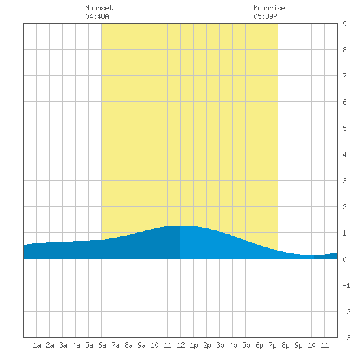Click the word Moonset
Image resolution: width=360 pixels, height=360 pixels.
coord(99,8)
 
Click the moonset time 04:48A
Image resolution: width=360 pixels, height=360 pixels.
coord(97,16)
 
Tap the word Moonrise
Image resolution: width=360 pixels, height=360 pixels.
coord(269,8)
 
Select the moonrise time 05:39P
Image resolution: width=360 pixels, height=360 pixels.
coord(265,16)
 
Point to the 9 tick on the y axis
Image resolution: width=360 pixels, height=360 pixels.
coord(344,24)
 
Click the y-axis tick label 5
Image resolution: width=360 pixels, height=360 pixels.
coord(344,128)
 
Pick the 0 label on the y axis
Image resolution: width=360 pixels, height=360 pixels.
coord(344,259)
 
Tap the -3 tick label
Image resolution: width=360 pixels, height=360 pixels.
coord(346,338)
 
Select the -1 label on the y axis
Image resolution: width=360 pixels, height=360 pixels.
coord(346,285)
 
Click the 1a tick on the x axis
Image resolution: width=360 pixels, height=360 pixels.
coord(37,345)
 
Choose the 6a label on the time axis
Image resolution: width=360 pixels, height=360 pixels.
coord(102,345)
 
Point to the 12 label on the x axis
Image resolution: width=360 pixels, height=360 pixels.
coord(181,345)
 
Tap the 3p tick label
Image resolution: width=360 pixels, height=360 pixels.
coord(220,345)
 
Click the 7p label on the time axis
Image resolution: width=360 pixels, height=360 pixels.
coord(272,345)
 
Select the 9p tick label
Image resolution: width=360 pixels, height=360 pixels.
coord(298,345)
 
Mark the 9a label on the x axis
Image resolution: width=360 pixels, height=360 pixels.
coord(141,345)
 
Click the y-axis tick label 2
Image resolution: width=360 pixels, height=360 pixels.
coord(344,207)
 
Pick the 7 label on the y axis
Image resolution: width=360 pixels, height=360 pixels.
coord(344,76)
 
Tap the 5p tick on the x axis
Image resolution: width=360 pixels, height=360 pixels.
coord(246,345)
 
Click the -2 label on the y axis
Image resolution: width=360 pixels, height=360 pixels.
coord(346,312)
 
